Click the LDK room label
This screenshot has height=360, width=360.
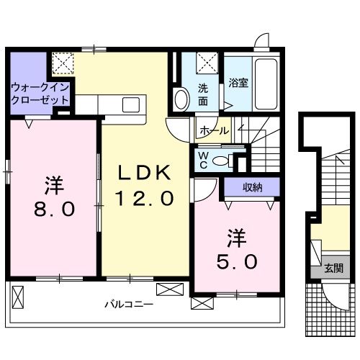click(x=145, y=173)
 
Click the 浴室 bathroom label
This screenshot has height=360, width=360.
click(x=239, y=83)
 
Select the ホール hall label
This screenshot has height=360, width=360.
click(x=215, y=131)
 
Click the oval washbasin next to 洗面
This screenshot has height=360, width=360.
click(x=183, y=97)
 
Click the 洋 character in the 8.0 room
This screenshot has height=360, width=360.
click(x=51, y=185)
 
